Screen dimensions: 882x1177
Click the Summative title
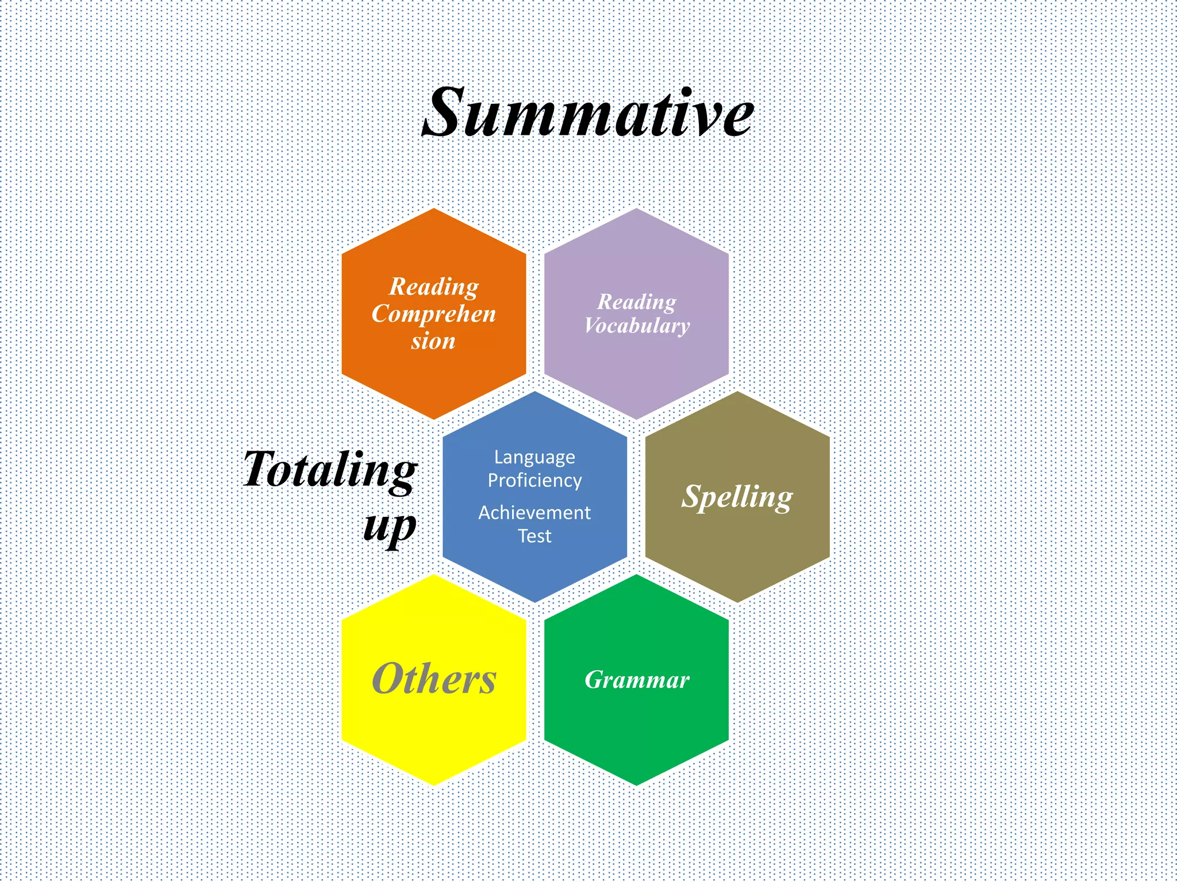click(587, 113)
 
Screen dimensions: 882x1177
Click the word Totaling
click(330, 470)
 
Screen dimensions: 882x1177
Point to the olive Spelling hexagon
click(737, 551)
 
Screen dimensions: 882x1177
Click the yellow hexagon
click(434, 735)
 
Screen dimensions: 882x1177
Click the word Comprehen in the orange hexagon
click(433, 314)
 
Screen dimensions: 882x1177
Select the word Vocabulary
click(637, 326)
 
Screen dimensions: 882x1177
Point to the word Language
click(534, 457)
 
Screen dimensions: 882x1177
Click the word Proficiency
click(534, 481)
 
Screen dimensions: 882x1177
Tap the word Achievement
click(534, 512)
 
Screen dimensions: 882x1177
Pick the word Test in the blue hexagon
click(534, 536)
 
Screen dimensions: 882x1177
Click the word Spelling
click(737, 497)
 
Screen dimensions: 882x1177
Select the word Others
click(434, 679)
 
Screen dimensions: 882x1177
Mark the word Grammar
click(637, 680)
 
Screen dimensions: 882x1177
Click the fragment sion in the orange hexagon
click(433, 341)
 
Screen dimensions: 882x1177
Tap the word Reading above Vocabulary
click(637, 301)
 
